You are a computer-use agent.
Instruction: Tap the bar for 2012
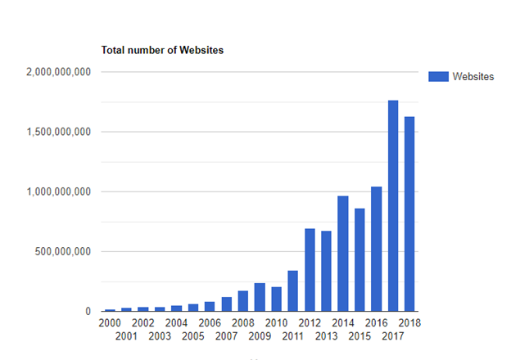[x=310, y=270]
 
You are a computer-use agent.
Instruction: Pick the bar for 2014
[x=343, y=254]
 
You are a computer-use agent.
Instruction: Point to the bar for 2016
[x=376, y=249]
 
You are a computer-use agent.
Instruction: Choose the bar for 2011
[x=293, y=291]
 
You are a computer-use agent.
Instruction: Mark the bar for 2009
[x=260, y=297]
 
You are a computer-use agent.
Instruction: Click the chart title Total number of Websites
[x=162, y=50]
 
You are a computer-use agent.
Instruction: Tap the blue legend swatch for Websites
[x=439, y=76]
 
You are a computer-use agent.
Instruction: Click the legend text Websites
[x=473, y=76]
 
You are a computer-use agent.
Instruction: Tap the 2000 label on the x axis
[x=110, y=323]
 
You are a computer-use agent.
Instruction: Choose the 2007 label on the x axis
[x=227, y=335]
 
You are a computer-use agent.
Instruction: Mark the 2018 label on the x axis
[x=409, y=323]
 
